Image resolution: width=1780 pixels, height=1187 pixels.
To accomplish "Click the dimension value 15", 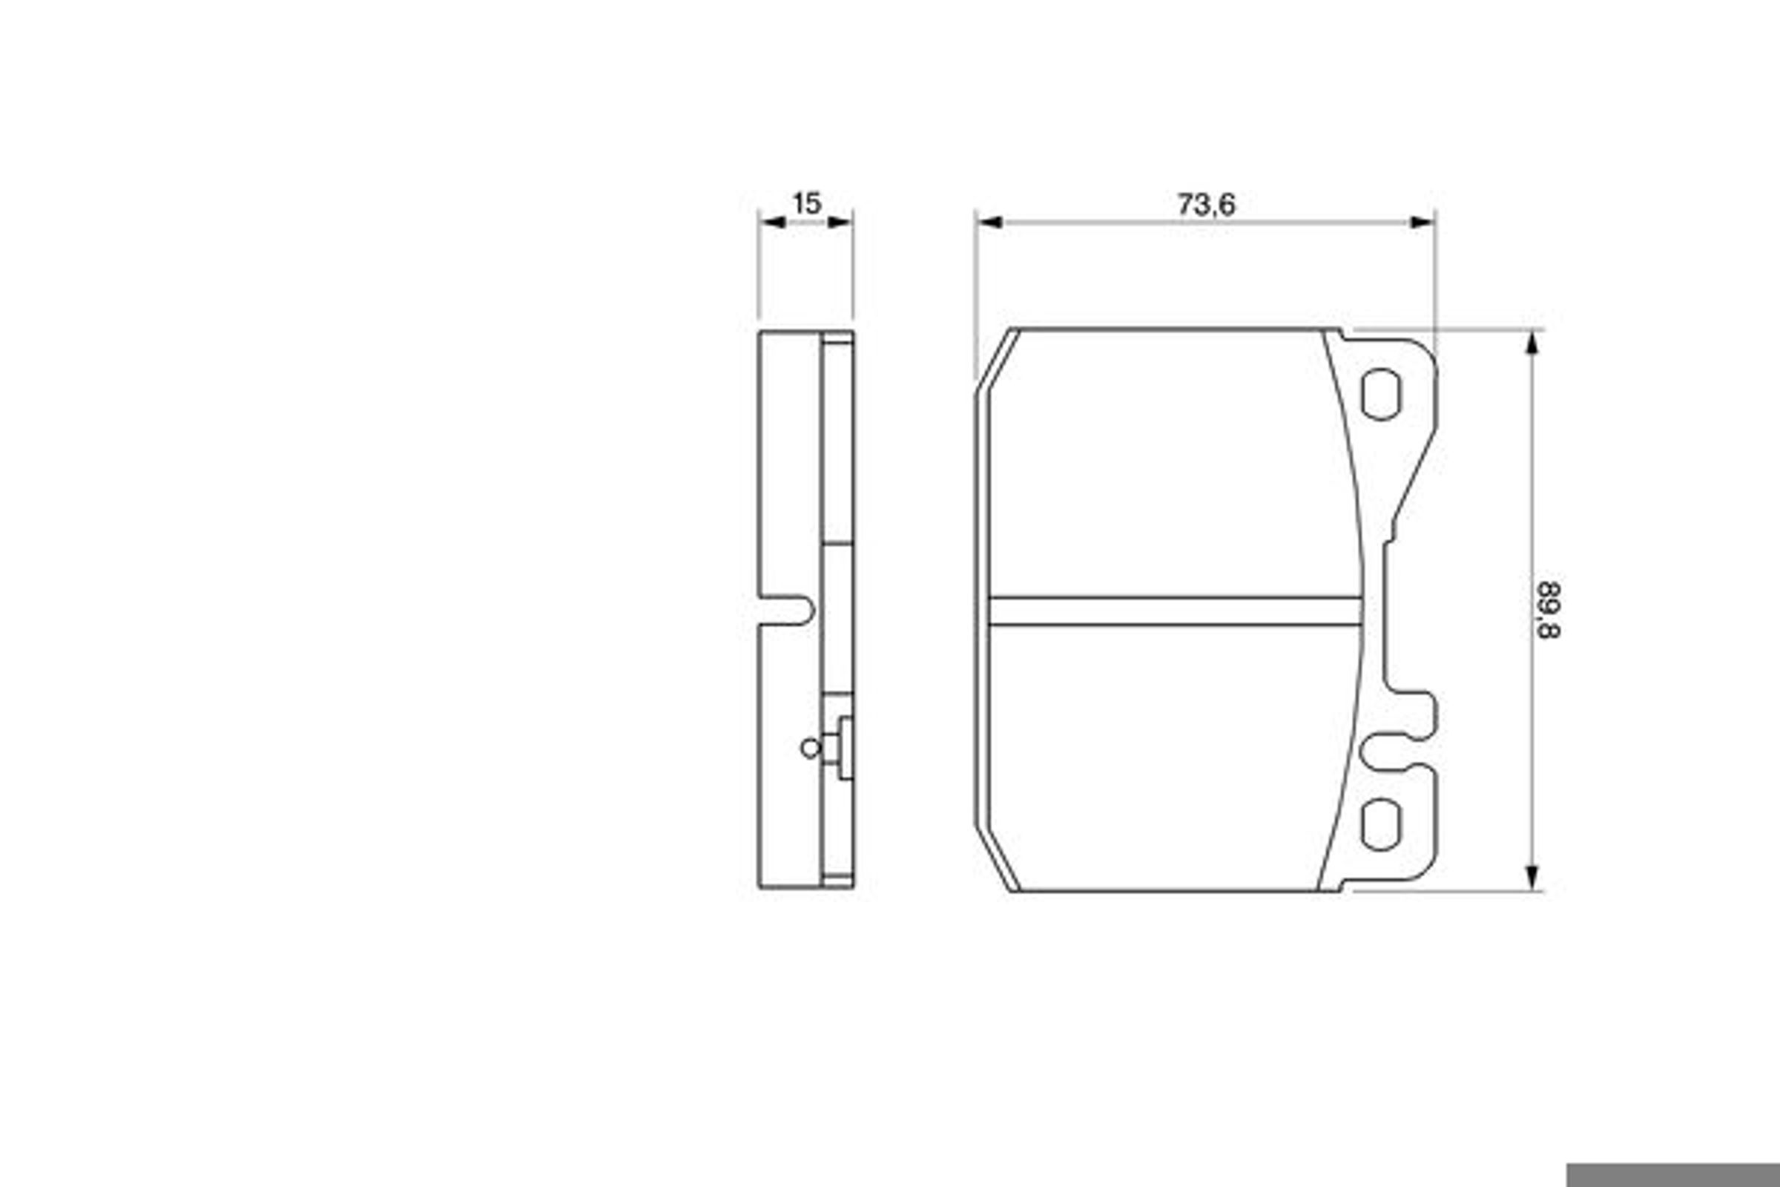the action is click(x=806, y=203).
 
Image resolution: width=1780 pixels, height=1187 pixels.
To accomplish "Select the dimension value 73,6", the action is click(x=1206, y=205).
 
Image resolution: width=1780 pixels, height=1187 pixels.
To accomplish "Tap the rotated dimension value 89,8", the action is click(x=1549, y=610).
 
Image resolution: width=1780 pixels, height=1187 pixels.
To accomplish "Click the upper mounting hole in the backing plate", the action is click(x=1381, y=394).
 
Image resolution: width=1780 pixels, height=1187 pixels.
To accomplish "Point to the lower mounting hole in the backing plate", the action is click(x=1381, y=824).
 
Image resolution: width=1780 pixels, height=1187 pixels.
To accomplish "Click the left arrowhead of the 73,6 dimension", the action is click(x=989, y=222).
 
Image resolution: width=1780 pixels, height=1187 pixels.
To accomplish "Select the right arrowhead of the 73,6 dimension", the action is click(x=1422, y=222).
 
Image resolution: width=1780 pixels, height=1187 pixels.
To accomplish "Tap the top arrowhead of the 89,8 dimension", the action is click(x=1532, y=343).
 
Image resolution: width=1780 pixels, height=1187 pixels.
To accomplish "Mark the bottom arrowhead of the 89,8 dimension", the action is click(x=1532, y=877).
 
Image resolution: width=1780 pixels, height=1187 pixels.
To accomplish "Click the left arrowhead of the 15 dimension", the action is click(x=772, y=222).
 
